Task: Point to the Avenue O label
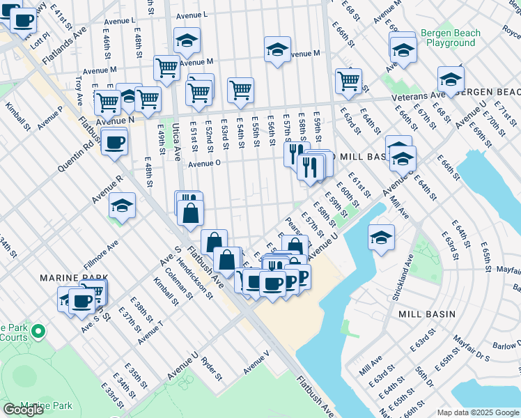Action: tap(204, 164)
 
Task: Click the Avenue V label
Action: tap(256, 361)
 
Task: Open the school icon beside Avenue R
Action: tap(122, 206)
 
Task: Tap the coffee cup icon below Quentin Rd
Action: tap(114, 143)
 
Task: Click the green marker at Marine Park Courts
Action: tap(38, 332)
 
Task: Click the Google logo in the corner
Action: tap(24, 410)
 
